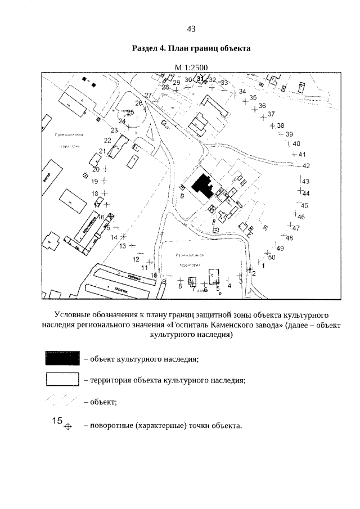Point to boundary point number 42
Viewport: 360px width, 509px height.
coord(307,166)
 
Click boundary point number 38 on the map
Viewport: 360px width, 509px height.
coord(281,125)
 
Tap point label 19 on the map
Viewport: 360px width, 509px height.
coord(94,181)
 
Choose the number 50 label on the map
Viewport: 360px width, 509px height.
coord(271,258)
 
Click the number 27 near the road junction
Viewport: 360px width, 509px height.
coord(148,95)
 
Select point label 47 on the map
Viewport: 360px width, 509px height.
coord(295,228)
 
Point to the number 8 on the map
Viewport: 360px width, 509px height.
coord(180,286)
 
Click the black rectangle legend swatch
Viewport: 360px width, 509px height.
coord(62,358)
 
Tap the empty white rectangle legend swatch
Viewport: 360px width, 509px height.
coord(62,380)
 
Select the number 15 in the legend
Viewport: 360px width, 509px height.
coord(57,420)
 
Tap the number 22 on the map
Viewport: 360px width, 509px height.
coord(107,140)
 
